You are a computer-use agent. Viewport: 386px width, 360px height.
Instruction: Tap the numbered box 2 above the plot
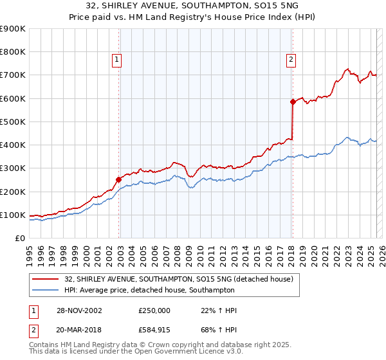pos(291,60)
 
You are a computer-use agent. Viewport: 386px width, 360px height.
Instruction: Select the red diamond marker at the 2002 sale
pos(119,179)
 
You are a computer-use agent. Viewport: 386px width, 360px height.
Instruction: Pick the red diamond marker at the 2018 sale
pos(293,102)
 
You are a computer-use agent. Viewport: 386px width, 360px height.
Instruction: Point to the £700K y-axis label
pos(13,75)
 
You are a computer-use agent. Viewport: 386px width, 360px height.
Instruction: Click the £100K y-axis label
pos(13,215)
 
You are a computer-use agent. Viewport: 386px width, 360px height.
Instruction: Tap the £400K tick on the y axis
pos(13,145)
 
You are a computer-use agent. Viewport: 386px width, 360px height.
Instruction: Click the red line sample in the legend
pos(46,278)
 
